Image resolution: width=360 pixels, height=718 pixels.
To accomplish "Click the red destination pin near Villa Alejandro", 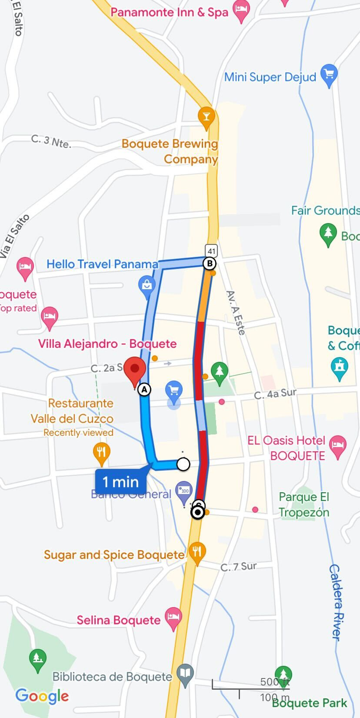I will pos(135,370).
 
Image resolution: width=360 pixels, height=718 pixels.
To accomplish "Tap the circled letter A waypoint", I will pos(144,389).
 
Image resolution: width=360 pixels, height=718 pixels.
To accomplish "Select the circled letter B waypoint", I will pos(209,264).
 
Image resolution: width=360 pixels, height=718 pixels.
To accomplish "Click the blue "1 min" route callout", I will pos(120,481).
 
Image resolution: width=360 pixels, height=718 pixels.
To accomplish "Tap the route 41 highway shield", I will pos(211,251).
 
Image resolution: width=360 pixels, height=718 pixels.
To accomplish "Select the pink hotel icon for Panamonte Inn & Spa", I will pos(241,10).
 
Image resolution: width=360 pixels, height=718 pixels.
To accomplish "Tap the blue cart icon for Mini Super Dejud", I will pos(329,75).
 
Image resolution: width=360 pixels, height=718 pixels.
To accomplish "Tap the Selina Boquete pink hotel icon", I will pos(173,618).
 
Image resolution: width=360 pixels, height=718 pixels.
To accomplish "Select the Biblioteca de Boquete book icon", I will pos(185,673).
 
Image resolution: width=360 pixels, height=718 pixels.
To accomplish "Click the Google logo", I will pos(42,696).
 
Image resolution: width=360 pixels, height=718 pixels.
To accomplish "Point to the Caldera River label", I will pos(337,602).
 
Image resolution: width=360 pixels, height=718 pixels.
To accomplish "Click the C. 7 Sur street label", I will pos(238,567).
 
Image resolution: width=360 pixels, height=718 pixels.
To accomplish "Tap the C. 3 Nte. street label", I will pos(51,141).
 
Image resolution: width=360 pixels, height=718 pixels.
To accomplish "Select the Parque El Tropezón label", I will pos(304,504).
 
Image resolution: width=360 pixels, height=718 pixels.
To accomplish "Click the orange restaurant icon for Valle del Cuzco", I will pos(101,453).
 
